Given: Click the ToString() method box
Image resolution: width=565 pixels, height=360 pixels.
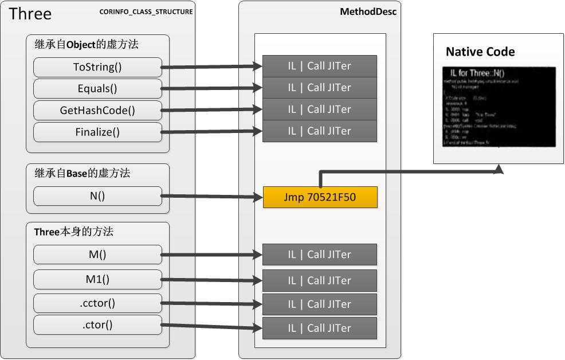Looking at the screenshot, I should (97, 67).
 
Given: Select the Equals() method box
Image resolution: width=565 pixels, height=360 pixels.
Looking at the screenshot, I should (97, 89).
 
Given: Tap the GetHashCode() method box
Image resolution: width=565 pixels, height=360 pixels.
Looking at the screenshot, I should (97, 111).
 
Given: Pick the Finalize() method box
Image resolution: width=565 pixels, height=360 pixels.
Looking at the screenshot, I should (97, 132).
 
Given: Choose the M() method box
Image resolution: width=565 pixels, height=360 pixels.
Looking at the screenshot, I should (97, 255).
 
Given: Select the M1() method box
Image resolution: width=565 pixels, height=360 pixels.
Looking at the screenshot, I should (97, 280).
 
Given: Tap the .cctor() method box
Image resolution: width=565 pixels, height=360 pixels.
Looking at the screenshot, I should (97, 303).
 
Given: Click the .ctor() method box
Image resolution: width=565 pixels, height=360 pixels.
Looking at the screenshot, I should (97, 325).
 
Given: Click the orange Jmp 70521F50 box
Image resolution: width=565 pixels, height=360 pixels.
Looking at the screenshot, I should (320, 197).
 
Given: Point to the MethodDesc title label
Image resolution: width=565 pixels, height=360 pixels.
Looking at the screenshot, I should (376, 11).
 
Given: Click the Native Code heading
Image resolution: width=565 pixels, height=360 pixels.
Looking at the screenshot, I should (480, 52).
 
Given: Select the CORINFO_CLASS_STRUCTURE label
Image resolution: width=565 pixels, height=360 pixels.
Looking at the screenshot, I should (146, 11).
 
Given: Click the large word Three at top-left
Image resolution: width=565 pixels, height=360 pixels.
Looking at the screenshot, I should (30, 14).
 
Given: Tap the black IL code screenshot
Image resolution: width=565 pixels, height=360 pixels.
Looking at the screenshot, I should (499, 107).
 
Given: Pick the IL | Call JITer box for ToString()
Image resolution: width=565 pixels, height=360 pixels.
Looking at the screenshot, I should (320, 66).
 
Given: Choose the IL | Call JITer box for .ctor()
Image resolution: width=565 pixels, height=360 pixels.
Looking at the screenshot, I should (320, 328).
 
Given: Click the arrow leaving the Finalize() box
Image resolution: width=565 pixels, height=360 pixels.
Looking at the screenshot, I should (212, 132).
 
